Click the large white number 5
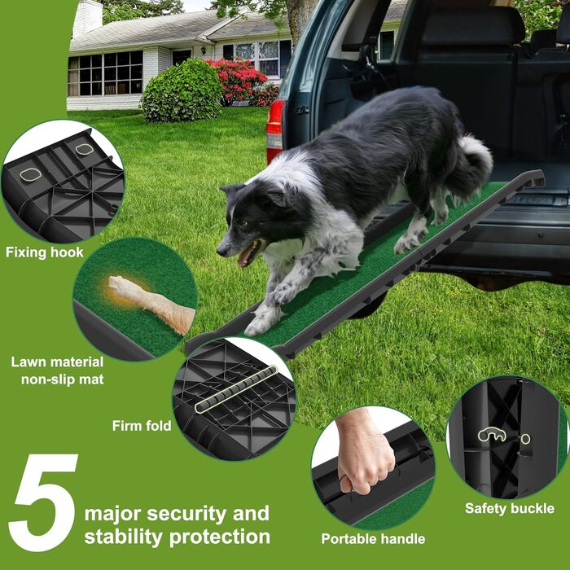(x=44, y=502)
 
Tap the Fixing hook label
(x=45, y=252)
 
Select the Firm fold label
(x=142, y=426)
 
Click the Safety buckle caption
(x=510, y=508)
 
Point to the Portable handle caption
(x=373, y=538)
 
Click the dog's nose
(x=221, y=251)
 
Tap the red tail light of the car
(x=275, y=132)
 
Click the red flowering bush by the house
(x=238, y=81)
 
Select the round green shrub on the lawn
(x=181, y=91)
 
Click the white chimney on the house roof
(x=87, y=17)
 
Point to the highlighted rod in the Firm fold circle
(x=236, y=389)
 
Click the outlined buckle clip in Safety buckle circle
(x=492, y=434)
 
